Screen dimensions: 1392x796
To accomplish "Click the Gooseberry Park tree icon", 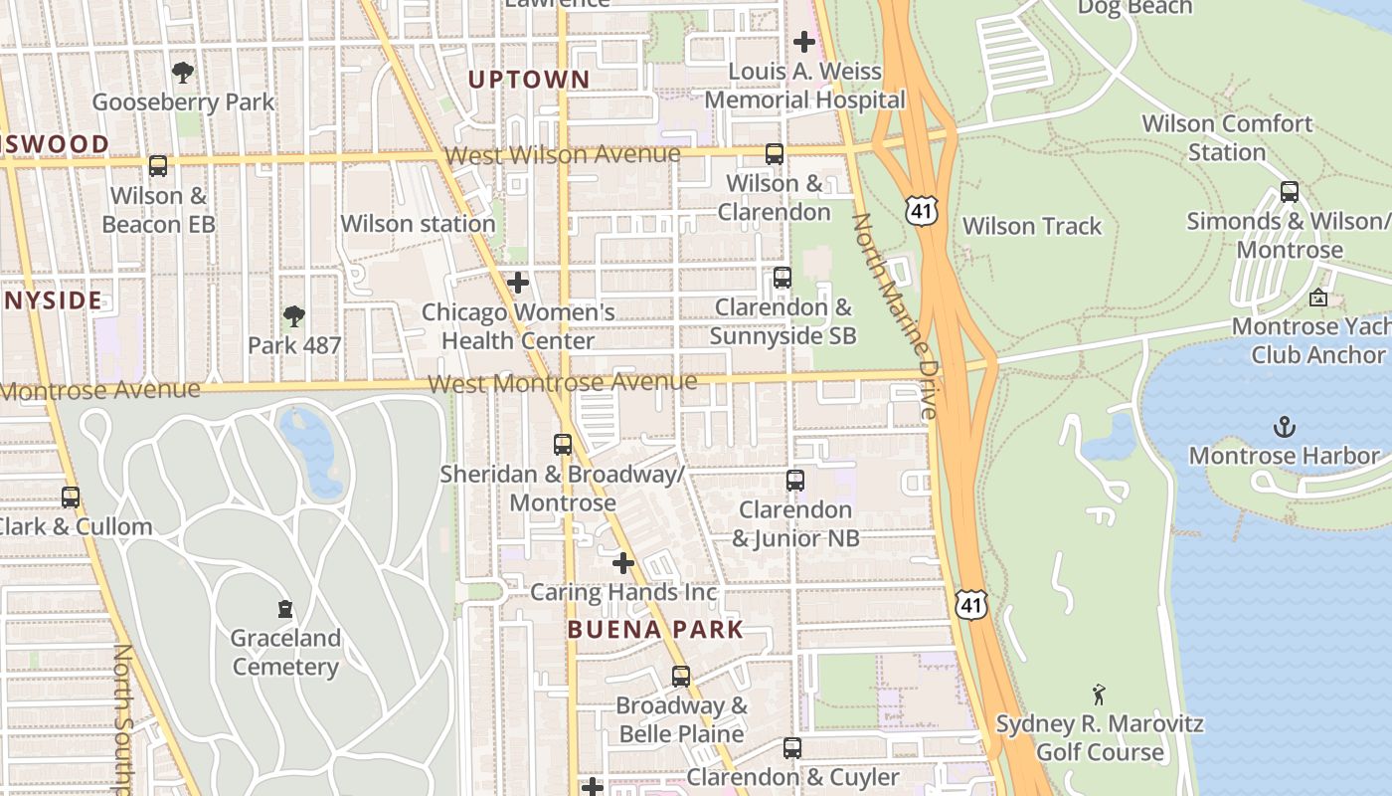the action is tap(182, 73).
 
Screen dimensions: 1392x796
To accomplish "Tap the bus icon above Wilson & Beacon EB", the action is tap(158, 165).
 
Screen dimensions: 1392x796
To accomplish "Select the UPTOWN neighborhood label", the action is tap(529, 80).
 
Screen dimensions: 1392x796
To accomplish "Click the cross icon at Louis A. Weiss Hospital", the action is tap(804, 42).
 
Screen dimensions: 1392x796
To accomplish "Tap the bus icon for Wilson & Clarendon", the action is tap(775, 154).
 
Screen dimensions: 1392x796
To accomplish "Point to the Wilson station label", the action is tap(418, 224).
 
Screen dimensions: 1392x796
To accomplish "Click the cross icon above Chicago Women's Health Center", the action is tap(518, 283).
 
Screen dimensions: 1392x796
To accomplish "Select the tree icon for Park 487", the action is tap(293, 316).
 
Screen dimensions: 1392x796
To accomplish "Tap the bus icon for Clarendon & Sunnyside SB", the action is tap(783, 278).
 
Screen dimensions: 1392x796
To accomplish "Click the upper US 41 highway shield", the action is tap(922, 209).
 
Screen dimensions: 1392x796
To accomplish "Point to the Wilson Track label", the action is tap(1032, 226).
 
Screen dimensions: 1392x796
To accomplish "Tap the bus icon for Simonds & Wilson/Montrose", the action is tap(1290, 192).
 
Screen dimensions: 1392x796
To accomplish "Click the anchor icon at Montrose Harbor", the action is tap(1285, 428).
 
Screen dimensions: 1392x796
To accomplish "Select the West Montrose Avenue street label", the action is tap(563, 383).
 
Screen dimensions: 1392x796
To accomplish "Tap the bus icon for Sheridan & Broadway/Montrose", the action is tap(563, 445).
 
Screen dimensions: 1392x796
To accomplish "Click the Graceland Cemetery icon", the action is tap(285, 609).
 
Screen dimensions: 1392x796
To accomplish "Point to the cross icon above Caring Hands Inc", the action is tap(623, 564).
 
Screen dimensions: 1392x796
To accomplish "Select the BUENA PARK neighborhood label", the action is tap(655, 630).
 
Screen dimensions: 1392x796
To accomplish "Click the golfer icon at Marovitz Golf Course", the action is tap(1099, 694).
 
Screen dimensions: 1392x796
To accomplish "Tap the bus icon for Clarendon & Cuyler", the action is tap(791, 748).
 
